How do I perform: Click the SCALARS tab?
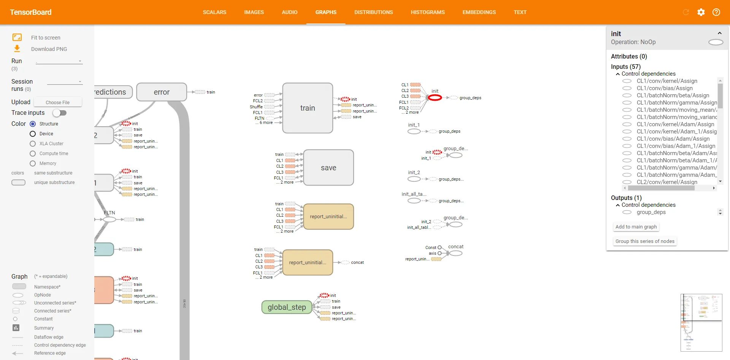click(x=214, y=12)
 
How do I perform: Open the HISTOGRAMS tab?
click(x=427, y=12)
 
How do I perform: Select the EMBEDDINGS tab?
click(x=479, y=12)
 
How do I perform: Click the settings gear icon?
click(x=701, y=12)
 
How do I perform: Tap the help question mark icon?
click(x=716, y=12)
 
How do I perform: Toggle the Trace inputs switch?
click(x=60, y=113)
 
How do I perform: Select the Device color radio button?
click(x=33, y=134)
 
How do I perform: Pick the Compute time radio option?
click(x=33, y=154)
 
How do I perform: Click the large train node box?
click(x=308, y=108)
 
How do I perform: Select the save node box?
click(x=328, y=168)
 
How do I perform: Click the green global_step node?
click(x=287, y=307)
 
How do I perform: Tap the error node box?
click(x=162, y=92)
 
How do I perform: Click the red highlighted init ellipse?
click(x=435, y=98)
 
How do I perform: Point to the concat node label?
click(x=456, y=247)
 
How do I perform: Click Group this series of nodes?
click(x=645, y=241)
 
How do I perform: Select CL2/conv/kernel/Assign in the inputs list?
click(x=667, y=182)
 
